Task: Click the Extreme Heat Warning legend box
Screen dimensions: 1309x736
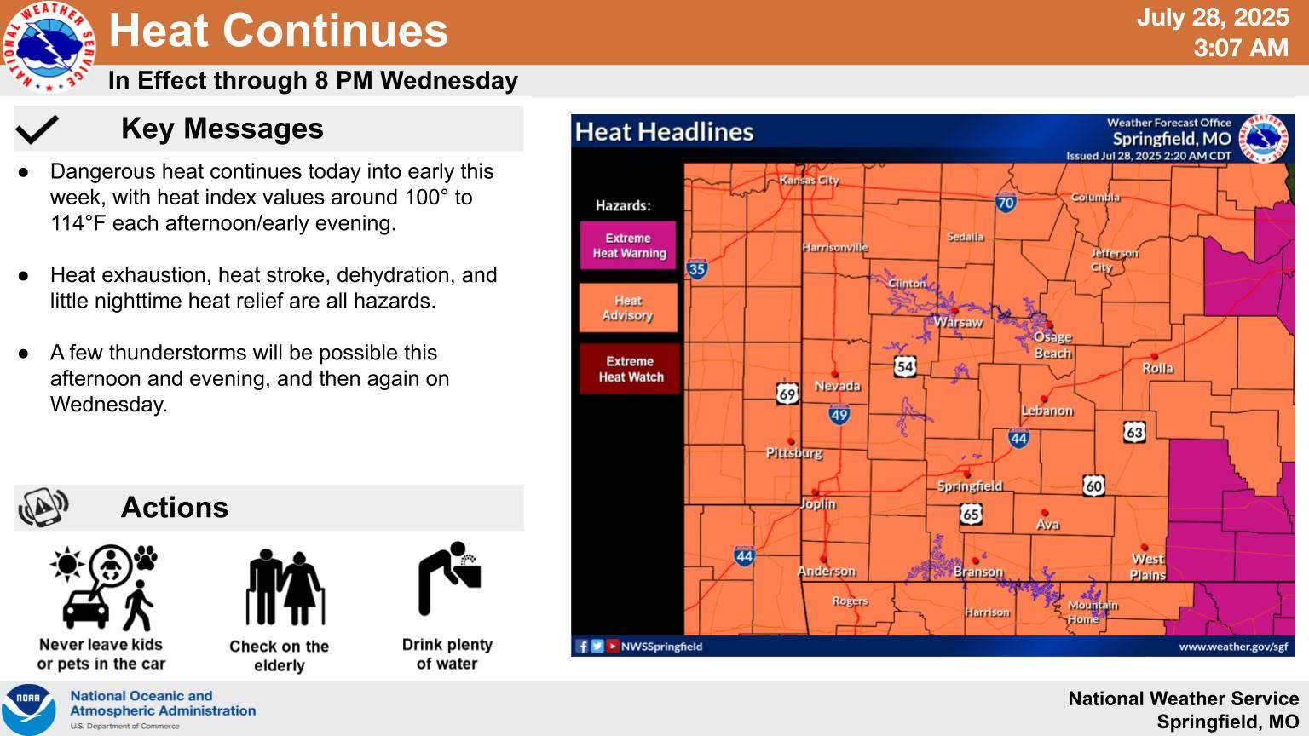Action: tap(627, 245)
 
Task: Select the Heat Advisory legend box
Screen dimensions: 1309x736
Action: tap(627, 308)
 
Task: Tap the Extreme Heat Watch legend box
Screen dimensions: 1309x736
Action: tap(630, 369)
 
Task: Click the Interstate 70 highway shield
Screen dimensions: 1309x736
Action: tap(1005, 202)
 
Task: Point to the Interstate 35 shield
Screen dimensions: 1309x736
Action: tap(696, 268)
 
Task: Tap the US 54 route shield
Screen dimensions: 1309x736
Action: tap(904, 366)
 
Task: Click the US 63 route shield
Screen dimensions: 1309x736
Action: tap(1134, 432)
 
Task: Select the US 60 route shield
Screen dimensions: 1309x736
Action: tap(1093, 486)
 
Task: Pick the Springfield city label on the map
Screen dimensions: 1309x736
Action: tap(970, 486)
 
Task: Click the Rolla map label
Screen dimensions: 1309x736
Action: tap(1157, 369)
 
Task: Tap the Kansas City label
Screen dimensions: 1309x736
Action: tap(810, 181)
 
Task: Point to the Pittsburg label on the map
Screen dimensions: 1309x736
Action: tap(794, 453)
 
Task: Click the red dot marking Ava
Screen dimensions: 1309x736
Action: tap(1044, 513)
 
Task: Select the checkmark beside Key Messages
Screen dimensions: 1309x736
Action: tap(37, 129)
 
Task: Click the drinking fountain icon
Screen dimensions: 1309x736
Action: tap(449, 578)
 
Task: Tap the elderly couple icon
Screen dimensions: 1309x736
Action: tap(285, 587)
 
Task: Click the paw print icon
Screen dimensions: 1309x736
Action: tap(146, 557)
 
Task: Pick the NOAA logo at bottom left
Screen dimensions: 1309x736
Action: tap(28, 709)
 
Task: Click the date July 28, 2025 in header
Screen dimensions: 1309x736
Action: tap(1213, 17)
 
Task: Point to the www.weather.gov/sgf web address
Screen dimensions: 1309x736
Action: tap(1233, 647)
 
